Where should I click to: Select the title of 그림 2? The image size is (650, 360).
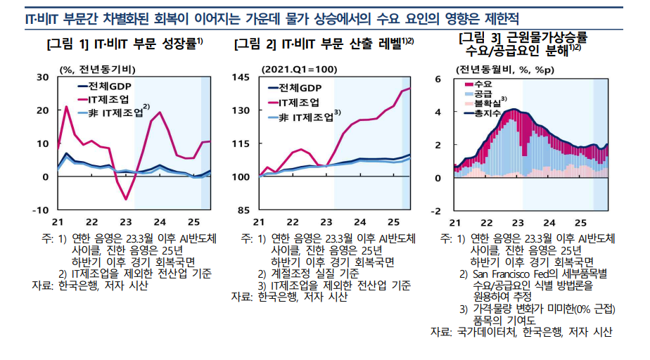click(324, 44)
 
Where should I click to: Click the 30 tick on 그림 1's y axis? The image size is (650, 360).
click(43, 77)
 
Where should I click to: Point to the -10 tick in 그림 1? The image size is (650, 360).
click(42, 210)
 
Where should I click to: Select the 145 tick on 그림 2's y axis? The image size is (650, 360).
click(241, 77)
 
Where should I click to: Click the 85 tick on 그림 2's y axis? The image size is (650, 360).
click(243, 210)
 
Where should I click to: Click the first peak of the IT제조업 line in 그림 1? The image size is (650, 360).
click(66, 107)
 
